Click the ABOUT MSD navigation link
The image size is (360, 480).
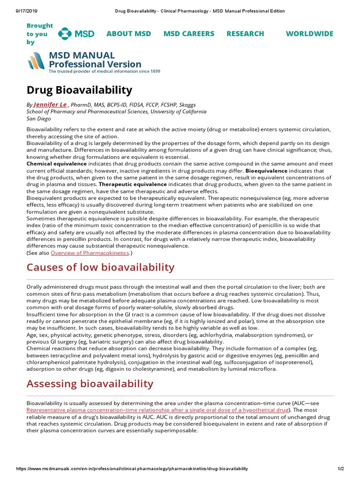[x=128, y=34]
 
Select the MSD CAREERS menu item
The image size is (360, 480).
[x=188, y=34]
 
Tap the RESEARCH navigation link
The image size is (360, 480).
[x=245, y=34]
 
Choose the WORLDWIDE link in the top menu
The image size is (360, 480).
[x=309, y=34]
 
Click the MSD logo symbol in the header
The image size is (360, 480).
[x=66, y=34]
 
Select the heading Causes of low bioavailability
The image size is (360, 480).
[x=100, y=268]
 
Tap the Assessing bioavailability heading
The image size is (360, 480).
[x=90, y=384]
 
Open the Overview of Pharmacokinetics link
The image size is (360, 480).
[x=90, y=253]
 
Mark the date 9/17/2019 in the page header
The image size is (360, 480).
[x=18, y=11]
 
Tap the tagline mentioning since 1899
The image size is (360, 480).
[x=104, y=72]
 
